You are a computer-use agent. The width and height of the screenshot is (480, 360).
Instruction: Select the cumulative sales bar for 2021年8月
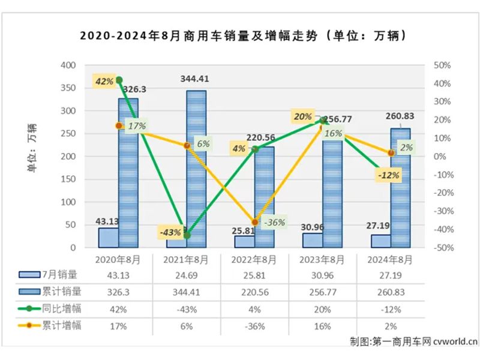(196, 168)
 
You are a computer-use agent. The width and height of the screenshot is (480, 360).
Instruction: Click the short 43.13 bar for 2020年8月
(109, 237)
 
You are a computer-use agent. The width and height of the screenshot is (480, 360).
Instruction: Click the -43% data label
(170, 232)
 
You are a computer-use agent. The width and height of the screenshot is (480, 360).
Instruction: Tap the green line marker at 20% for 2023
(323, 120)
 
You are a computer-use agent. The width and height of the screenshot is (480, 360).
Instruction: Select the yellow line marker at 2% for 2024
(391, 153)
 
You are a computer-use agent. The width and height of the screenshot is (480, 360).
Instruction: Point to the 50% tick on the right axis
(442, 65)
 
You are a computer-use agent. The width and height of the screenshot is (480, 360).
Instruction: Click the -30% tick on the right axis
(442, 211)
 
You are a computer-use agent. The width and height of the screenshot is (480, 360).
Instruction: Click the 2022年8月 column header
(256, 260)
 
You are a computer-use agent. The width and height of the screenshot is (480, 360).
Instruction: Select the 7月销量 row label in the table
(60, 275)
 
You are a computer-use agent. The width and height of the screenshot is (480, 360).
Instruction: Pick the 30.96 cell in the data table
(323, 275)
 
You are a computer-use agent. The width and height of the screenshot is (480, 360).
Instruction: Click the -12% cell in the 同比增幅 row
(391, 308)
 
